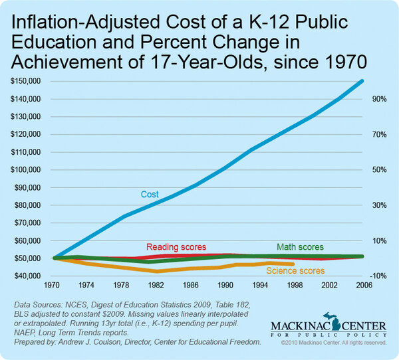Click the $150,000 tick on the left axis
[25, 81]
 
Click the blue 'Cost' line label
[149, 195]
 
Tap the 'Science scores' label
[295, 270]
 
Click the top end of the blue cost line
[362, 81]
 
